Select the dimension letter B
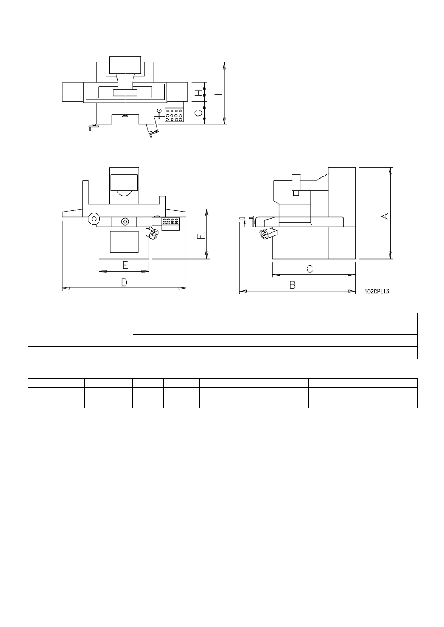[x=292, y=285]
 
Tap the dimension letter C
[x=310, y=269]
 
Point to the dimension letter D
[x=124, y=282]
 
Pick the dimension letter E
[x=125, y=265]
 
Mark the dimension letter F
[x=201, y=237]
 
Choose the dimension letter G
[x=199, y=112]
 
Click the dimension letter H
[x=199, y=92]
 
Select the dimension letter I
[x=219, y=94]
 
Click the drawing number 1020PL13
[x=377, y=291]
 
